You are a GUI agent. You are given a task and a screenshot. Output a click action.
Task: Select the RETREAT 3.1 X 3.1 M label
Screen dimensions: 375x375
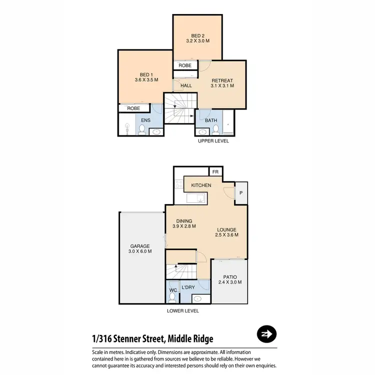coord(222,83)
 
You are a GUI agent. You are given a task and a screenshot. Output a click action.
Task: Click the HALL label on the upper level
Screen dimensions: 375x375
coord(186,85)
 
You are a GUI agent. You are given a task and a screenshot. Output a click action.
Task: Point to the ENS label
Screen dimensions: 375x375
coord(145,120)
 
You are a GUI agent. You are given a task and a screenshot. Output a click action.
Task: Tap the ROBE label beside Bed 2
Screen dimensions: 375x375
coord(185,65)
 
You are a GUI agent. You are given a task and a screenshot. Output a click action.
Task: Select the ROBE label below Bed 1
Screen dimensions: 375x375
coord(133,108)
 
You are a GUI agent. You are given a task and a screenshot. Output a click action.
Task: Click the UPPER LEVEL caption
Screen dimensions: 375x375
coord(213,141)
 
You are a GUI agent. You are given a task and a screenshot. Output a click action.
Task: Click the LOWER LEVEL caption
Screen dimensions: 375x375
coord(182,310)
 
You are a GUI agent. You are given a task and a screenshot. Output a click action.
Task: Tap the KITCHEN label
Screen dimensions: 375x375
coord(201,185)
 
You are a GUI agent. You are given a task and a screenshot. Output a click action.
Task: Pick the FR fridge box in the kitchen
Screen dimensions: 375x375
coord(215,172)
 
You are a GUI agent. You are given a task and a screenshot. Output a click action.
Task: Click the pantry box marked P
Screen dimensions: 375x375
coord(241,192)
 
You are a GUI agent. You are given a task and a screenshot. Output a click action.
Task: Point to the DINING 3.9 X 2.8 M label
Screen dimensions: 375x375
coord(183,223)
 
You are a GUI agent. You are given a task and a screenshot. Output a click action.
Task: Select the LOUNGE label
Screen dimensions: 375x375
coord(226,232)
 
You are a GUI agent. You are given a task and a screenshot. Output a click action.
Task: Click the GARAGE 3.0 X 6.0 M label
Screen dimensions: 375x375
coord(140,249)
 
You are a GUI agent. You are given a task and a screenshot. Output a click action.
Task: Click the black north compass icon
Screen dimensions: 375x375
coord(267,334)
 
